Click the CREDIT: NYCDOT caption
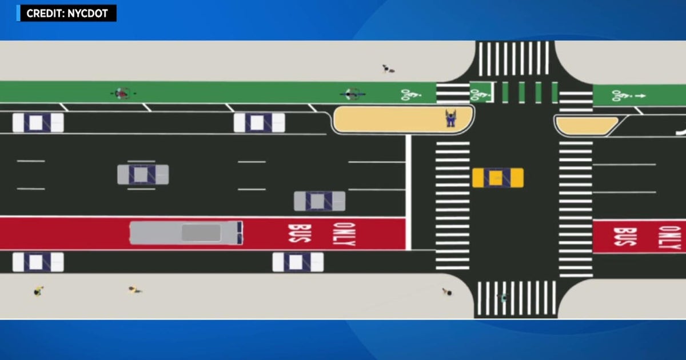(x=67, y=14)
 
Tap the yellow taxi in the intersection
(x=498, y=178)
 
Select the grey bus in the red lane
(x=186, y=233)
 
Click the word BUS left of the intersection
(x=300, y=234)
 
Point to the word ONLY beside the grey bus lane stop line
(x=344, y=234)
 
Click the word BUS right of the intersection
(x=625, y=237)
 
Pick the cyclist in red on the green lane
(x=123, y=93)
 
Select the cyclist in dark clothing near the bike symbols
(x=353, y=94)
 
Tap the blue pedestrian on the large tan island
(x=450, y=118)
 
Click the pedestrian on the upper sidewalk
(x=388, y=69)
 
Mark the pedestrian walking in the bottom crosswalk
(x=503, y=297)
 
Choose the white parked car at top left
(x=38, y=122)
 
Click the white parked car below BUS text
(x=298, y=262)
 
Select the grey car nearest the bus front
(x=320, y=201)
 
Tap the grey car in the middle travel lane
(x=143, y=174)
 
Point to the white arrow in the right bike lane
(x=640, y=96)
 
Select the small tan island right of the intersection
(x=587, y=126)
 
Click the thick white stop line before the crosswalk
(x=408, y=192)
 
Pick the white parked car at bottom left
(x=38, y=262)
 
